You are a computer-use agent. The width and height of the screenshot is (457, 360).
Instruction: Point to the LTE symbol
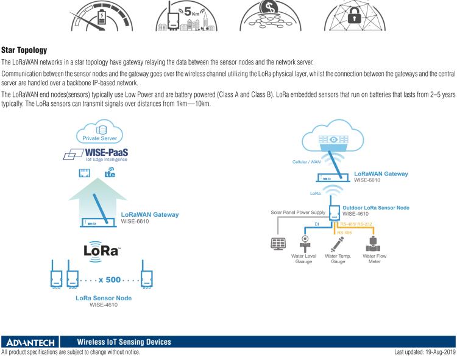click(110, 173)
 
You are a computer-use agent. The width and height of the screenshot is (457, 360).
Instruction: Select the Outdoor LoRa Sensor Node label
click(375, 208)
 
